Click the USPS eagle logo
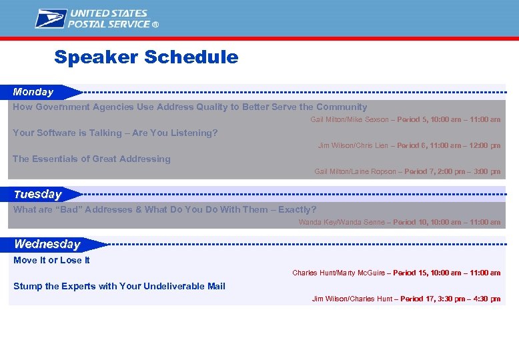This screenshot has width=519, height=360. click(51, 19)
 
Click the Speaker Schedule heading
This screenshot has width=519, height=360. click(146, 57)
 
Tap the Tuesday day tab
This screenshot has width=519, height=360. click(38, 195)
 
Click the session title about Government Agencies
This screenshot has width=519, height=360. click(190, 107)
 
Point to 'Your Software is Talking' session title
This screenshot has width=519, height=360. click(115, 133)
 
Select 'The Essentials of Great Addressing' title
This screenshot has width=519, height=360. click(92, 159)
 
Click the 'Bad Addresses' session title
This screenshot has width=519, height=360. click(165, 209)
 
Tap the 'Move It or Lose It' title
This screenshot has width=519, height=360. click(51, 260)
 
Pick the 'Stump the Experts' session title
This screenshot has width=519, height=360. click(119, 286)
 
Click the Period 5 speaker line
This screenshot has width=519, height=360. click(405, 119)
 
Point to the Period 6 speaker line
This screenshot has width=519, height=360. click(409, 145)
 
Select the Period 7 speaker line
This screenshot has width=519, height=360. click(407, 171)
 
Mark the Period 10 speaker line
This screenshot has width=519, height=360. click(399, 222)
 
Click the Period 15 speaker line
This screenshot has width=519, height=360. click(396, 273)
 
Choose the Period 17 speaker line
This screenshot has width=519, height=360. click(406, 299)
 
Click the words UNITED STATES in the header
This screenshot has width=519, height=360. click(109, 13)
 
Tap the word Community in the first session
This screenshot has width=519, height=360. click(342, 107)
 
